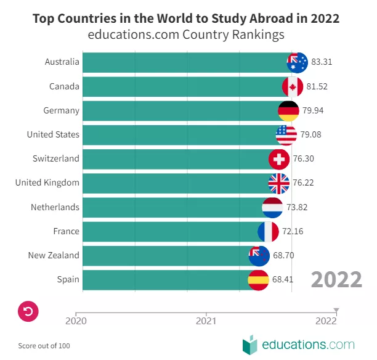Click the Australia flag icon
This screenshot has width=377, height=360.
pos(298,62)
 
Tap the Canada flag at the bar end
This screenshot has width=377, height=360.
pos(293,86)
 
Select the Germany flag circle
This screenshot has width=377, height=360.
pos(288,110)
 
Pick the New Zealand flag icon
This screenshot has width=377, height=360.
pos(259,255)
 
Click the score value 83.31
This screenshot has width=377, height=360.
pos(322,62)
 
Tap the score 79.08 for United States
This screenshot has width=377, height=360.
pos(311,134)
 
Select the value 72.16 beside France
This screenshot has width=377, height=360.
pos(293,231)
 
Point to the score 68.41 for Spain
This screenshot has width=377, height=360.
pos(282,279)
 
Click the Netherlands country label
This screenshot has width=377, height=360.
pos(55,207)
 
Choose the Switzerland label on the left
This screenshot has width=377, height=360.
pos(55,158)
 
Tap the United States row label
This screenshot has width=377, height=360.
pos(53,134)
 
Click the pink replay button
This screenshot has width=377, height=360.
pos(28,311)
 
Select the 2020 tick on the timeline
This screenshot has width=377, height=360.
pos(76,320)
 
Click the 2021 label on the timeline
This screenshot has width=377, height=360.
pos(206,321)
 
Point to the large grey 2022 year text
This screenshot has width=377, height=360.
pos(336,280)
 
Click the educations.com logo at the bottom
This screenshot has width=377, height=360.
pos(299,344)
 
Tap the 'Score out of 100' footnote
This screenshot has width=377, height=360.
pos(44,346)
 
